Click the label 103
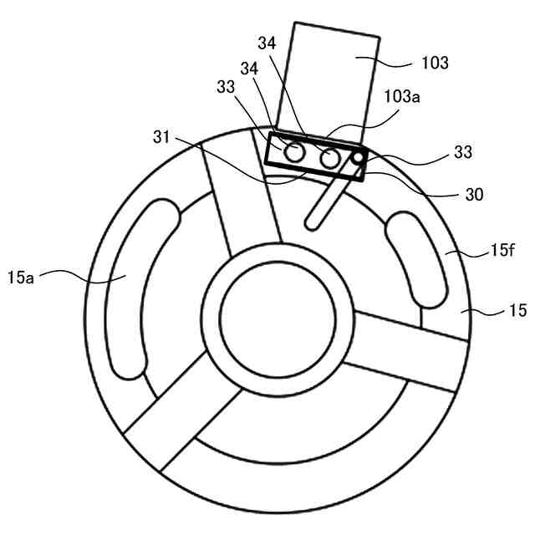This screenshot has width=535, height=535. coord(436,63)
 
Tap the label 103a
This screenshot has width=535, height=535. coord(403,97)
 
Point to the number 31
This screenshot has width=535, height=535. coord(163,135)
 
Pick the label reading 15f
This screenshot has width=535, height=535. coord(502,248)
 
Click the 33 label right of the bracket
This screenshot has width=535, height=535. coord(463,153)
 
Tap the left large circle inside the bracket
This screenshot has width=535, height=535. coord(293,153)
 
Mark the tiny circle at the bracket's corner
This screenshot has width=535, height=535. coord(358,158)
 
